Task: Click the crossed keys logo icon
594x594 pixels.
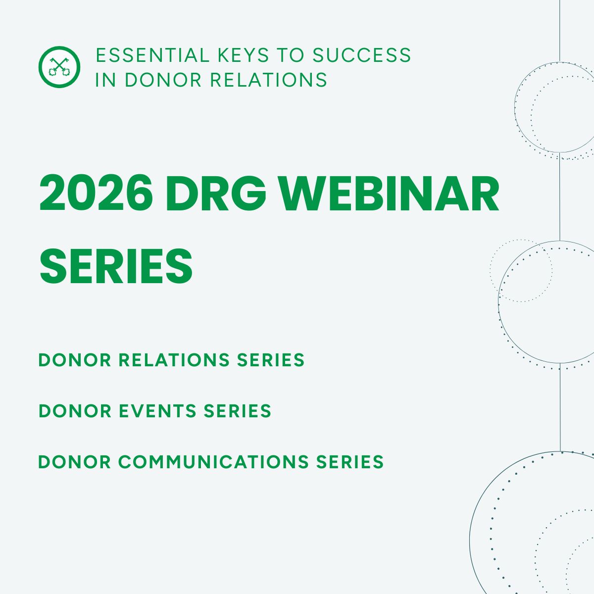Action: pos(59,67)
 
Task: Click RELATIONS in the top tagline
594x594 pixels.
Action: pos(269,80)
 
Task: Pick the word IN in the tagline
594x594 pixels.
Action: pos(105,80)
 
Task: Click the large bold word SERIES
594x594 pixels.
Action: pos(116,266)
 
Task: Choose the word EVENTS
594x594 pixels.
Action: pos(157,411)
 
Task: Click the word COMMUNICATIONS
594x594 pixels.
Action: pos(213,462)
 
